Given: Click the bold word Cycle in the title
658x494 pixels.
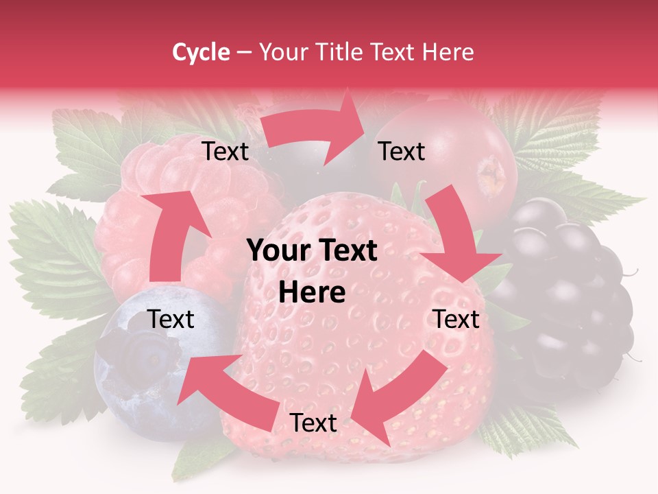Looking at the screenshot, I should (201, 52).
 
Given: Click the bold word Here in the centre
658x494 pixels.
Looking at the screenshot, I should (312, 292).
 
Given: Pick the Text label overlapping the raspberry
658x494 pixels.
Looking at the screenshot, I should (226, 152).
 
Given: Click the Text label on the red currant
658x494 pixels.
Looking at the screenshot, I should (402, 152).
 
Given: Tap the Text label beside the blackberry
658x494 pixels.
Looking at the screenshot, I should (456, 319).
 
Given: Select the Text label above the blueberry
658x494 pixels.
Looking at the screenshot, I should (171, 319).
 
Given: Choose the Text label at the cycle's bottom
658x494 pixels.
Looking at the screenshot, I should (313, 423).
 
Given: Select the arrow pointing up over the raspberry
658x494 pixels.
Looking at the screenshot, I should (168, 233).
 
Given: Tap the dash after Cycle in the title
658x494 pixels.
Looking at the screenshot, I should (244, 52).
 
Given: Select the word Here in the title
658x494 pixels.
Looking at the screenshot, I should (448, 52).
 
